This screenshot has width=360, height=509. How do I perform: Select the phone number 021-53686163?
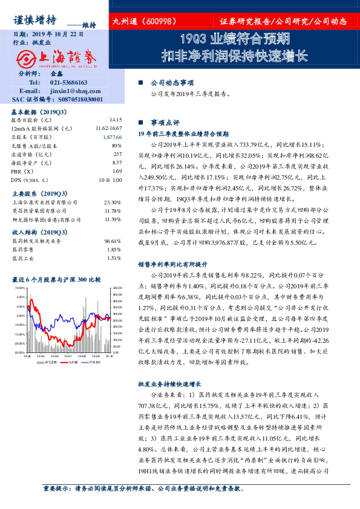[68, 82]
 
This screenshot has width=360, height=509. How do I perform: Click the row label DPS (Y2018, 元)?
[30, 180]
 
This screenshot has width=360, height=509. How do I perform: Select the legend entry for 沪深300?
[91, 362]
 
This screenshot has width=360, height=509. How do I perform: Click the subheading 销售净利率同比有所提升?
[174, 265]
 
